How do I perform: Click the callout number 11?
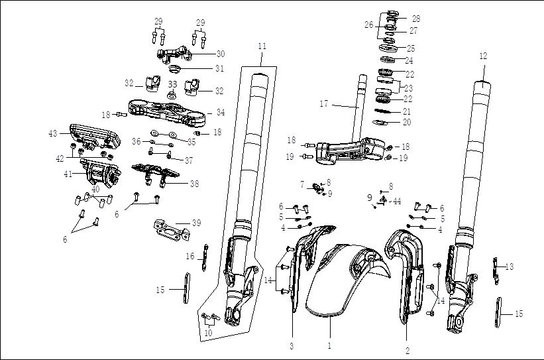[x=262, y=46]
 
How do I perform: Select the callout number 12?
[x=483, y=56]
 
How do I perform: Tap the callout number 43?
[x=53, y=133]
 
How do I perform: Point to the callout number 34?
[x=221, y=112]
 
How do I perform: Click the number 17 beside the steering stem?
[x=324, y=104]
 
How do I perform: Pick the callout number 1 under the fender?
[x=329, y=345]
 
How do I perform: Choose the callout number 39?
[x=196, y=223]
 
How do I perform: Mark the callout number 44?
[x=397, y=202]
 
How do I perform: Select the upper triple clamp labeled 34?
[x=167, y=112]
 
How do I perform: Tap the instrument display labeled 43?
[x=95, y=136]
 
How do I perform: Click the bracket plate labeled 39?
[x=172, y=229]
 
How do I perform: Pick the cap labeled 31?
[x=175, y=68]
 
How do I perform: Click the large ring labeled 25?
[x=387, y=47]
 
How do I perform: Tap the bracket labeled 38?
[x=156, y=174]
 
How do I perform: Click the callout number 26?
[x=369, y=25]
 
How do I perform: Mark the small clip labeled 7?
[x=317, y=188]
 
